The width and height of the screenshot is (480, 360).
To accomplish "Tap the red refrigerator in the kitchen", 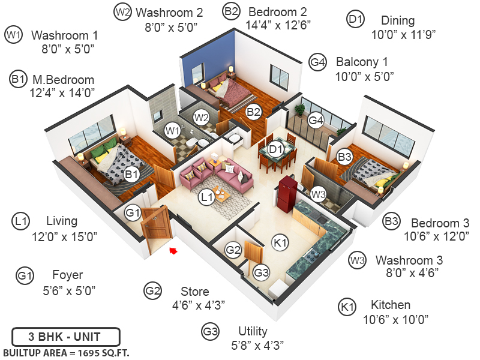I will tap(287, 193).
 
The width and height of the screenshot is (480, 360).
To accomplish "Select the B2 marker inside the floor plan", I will tap(254, 112).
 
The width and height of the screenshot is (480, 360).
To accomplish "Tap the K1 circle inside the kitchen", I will tap(280, 242).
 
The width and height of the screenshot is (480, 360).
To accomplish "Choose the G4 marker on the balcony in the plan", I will tap(316, 121).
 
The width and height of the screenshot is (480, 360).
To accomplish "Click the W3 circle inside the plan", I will tap(319, 194).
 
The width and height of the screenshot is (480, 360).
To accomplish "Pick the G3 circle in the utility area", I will tap(261, 272).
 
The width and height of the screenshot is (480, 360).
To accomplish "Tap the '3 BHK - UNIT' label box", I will tap(65, 336).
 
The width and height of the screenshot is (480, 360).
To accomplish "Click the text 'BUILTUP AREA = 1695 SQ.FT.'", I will tap(66, 352).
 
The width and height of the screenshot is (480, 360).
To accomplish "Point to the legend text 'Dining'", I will tap(397, 20).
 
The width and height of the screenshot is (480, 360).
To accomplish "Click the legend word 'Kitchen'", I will tap(390, 305).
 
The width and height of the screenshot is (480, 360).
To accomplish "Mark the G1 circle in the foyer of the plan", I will tap(133, 212).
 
